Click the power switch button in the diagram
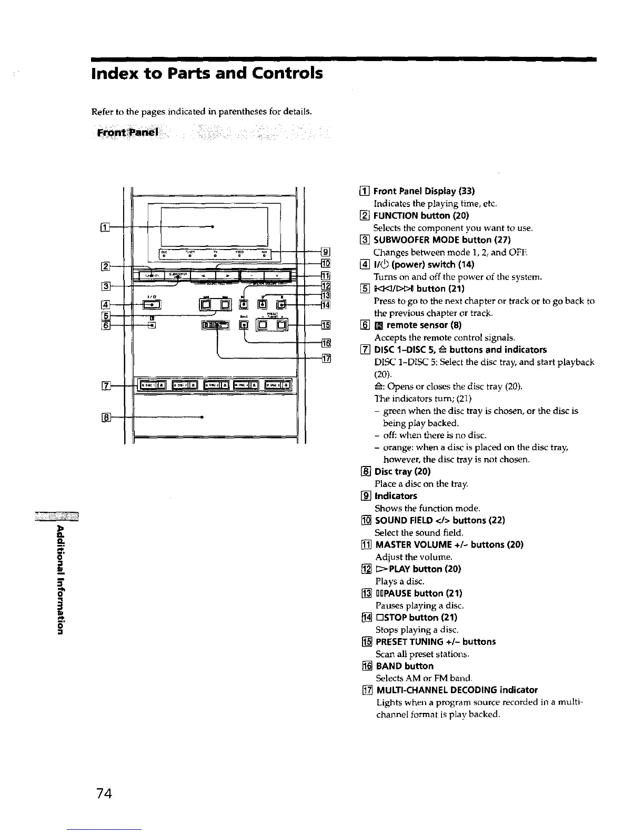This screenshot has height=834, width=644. [153, 304]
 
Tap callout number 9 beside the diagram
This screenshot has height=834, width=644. [325, 252]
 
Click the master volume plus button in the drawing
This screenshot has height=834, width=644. [277, 275]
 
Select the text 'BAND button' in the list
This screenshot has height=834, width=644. [405, 666]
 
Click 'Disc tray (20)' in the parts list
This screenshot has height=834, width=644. [402, 471]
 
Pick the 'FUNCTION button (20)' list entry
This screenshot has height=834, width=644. [421, 215]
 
